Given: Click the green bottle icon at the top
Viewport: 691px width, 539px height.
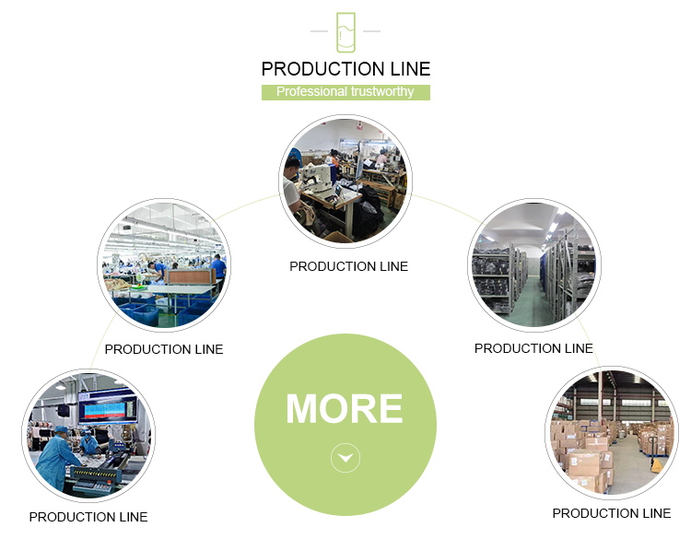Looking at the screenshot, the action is [345, 32].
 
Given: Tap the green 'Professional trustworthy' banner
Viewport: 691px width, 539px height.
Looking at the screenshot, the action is [345, 92].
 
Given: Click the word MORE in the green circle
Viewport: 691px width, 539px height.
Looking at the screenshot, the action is [345, 408].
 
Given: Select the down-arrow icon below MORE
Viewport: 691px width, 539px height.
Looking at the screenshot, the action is [345, 458].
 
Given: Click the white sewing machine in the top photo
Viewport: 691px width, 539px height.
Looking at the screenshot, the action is [315, 176].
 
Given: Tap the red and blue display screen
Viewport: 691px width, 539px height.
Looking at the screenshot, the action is [108, 409].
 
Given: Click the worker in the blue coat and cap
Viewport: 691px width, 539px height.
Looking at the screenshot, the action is [56, 458].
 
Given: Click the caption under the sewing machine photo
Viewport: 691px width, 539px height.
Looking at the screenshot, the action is [348, 266].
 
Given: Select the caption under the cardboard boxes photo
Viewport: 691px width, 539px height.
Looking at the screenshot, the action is [612, 513].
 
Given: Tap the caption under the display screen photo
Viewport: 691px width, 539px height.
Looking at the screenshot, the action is [88, 517].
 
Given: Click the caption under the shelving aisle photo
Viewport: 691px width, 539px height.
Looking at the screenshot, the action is [533, 348].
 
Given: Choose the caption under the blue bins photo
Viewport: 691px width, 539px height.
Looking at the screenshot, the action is [164, 349].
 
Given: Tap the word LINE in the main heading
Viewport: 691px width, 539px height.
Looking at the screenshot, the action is [410, 69].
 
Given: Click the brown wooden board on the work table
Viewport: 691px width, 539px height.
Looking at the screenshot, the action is [192, 276].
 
